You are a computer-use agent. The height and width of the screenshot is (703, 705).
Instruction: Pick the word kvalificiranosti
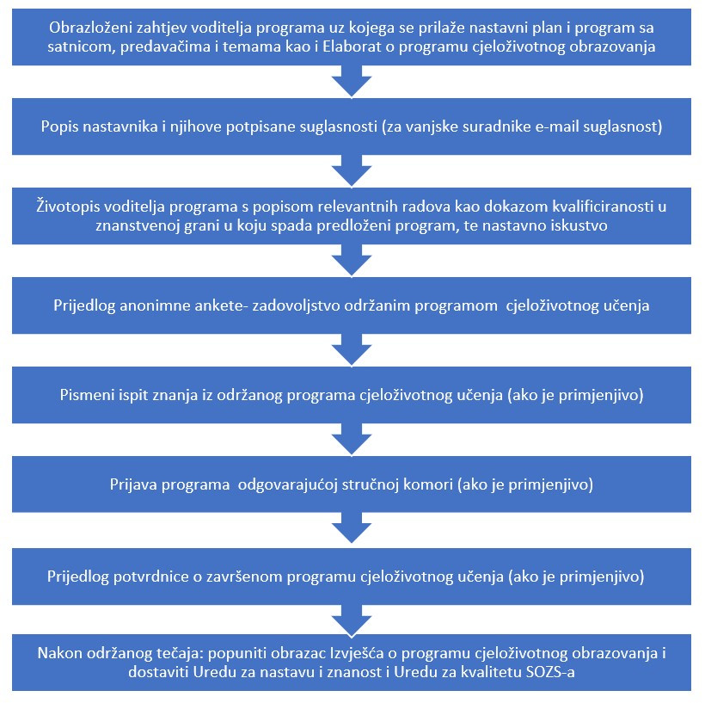pos(602,207)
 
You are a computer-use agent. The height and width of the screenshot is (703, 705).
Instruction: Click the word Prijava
pos(132,484)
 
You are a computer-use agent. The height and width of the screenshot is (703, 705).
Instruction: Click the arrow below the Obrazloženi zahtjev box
pos(352,81)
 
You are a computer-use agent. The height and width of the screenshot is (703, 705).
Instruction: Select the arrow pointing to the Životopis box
pos(352,170)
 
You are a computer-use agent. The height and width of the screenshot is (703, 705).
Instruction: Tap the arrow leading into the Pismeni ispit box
pos(352,349)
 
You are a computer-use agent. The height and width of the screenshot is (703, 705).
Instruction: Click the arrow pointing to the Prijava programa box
pos(352,439)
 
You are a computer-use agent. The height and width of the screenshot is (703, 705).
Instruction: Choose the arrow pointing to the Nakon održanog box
pos(352,620)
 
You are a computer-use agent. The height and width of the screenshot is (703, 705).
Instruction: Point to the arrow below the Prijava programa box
pos(352,529)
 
